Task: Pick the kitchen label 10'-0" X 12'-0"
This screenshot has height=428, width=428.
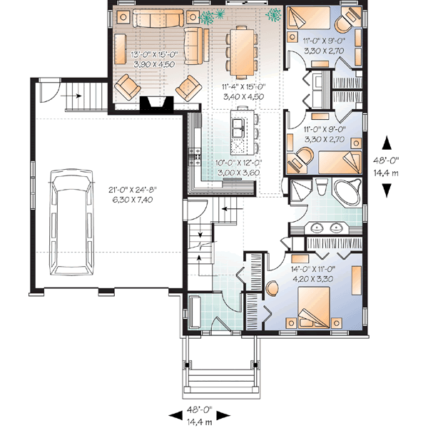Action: tap(240, 167)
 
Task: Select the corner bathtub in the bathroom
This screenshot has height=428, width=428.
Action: tap(348, 193)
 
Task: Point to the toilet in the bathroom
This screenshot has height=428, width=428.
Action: tap(322, 190)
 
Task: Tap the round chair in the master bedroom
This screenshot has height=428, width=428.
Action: tap(273, 289)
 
